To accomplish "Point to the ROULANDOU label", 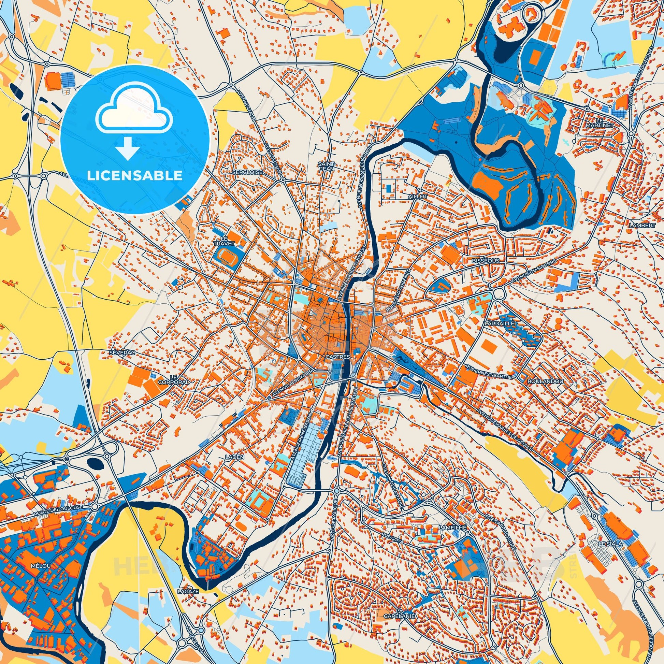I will pos(541,381).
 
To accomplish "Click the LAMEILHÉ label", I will pos(453,536).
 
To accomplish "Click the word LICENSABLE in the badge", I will pos(135,175).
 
